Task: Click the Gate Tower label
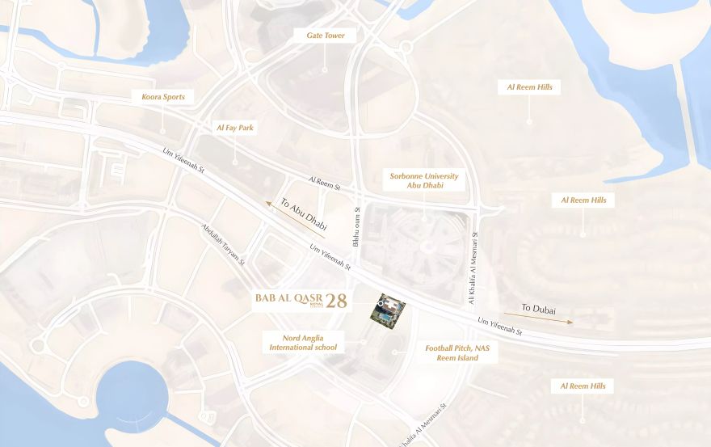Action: (325, 36)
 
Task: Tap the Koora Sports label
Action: (162, 97)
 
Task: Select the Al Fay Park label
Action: (234, 128)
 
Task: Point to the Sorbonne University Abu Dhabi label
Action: (424, 181)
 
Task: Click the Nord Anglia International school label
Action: (303, 342)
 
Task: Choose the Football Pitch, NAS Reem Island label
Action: (458, 352)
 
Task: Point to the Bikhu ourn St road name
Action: (355, 227)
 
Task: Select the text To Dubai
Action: (538, 310)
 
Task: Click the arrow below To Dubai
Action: (538, 318)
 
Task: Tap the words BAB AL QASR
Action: (283, 298)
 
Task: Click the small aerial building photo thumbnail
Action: (388, 310)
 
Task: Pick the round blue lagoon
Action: (132, 396)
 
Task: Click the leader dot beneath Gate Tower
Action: (325, 71)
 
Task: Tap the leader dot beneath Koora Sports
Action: (162, 130)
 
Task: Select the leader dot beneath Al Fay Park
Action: (234, 162)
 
